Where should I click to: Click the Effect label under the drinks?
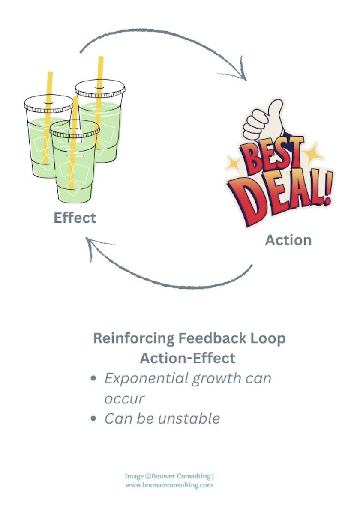(x=75, y=218)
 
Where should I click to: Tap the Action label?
(x=288, y=240)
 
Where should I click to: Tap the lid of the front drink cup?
(x=75, y=129)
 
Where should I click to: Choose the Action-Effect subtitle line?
(x=187, y=358)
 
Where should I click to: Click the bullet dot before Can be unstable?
(x=94, y=419)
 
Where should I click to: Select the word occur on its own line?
(x=124, y=399)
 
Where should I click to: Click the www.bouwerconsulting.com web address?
(x=169, y=485)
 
